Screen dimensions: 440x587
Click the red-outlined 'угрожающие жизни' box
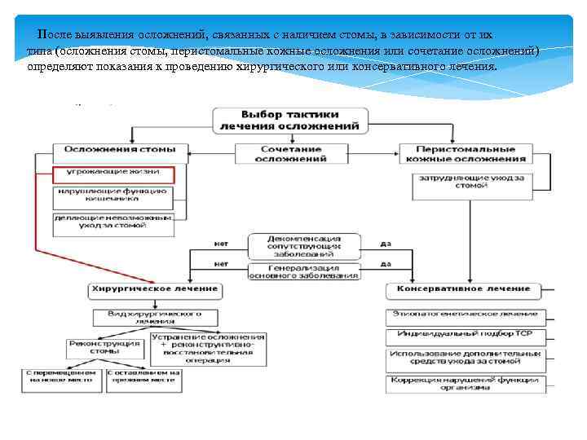pyautogui.click(x=115, y=174)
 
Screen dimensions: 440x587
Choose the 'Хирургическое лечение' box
pyautogui.click(x=154, y=288)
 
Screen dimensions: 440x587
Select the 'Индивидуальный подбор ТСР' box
pyautogui.click(x=462, y=334)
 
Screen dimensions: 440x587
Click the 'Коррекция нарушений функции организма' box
pyautogui.click(x=462, y=383)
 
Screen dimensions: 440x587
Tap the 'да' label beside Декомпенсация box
pyautogui.click(x=386, y=243)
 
